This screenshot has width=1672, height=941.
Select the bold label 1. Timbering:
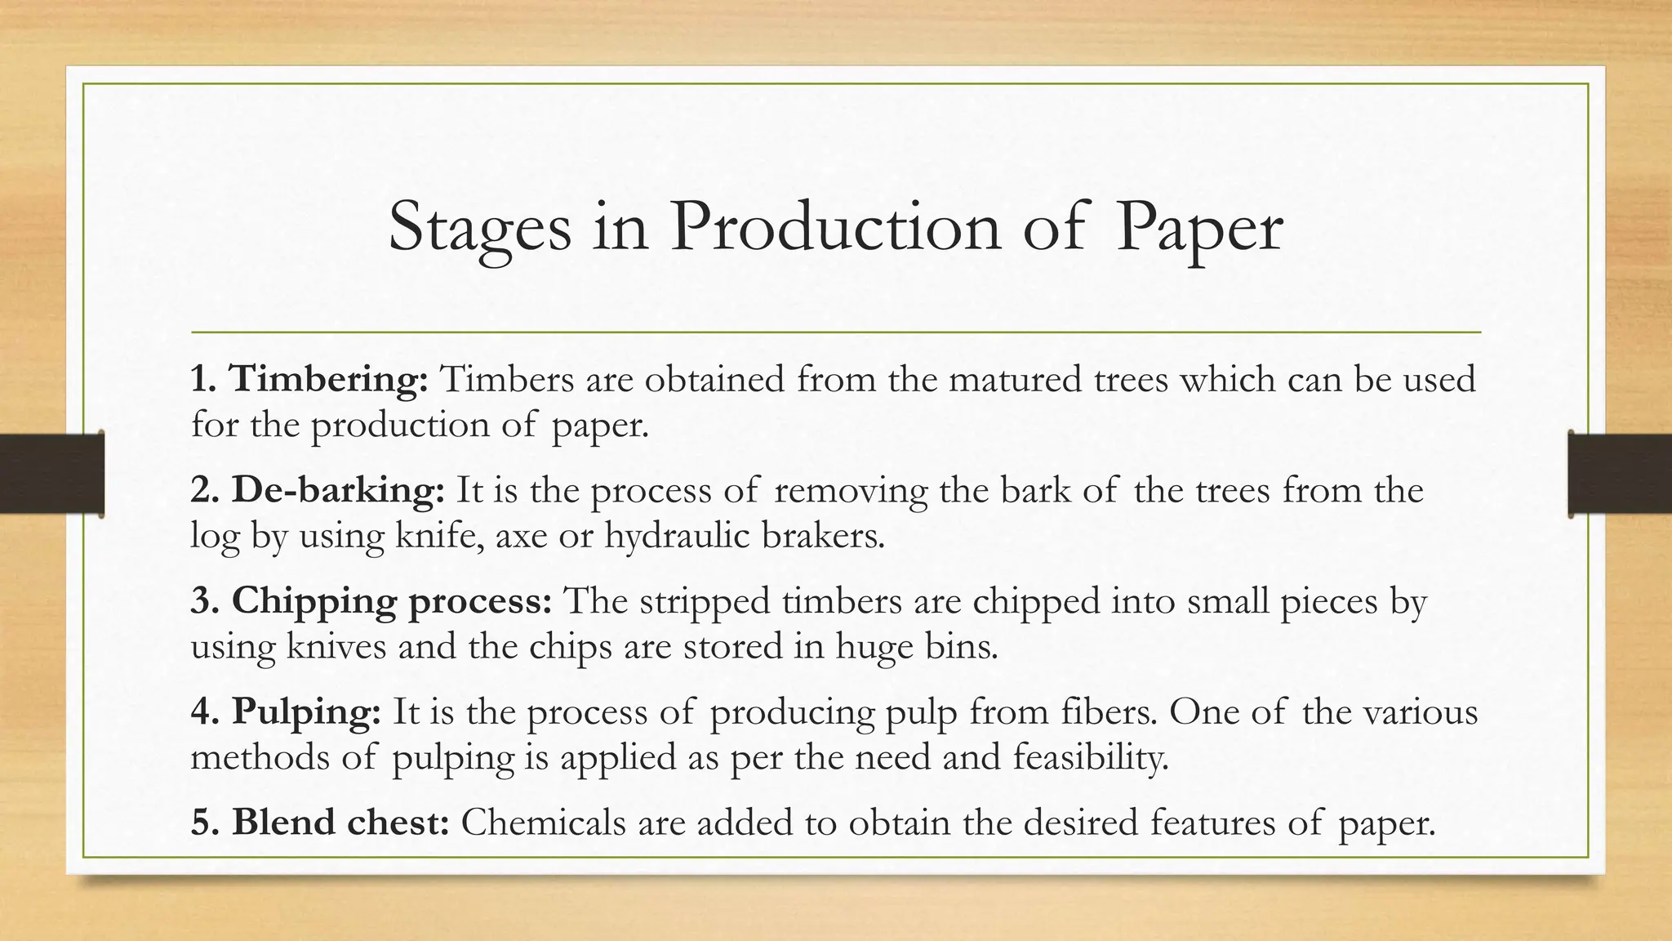(309, 380)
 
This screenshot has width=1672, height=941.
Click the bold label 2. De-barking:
(318, 490)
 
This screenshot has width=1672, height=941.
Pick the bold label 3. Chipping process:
(371, 601)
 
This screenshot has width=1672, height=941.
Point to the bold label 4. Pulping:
(286, 711)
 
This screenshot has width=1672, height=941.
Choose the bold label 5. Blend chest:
(320, 823)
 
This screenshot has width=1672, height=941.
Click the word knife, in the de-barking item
(439, 536)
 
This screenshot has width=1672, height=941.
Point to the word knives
(336, 647)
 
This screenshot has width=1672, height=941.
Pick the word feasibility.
(1091, 757)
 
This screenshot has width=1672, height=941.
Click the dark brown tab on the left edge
(51, 474)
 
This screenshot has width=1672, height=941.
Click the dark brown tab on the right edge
(1620, 474)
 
